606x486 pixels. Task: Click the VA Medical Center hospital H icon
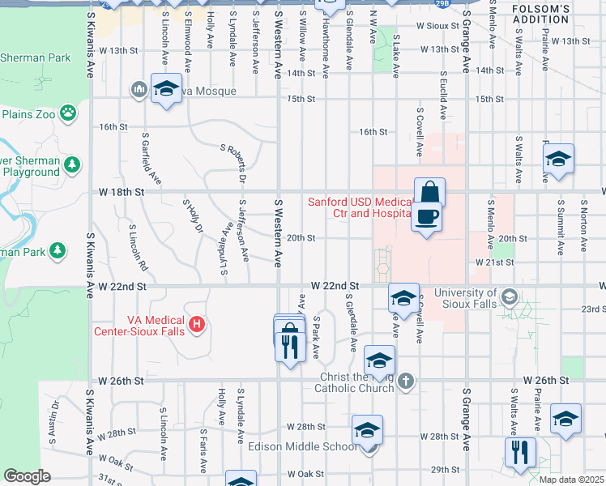[196, 326]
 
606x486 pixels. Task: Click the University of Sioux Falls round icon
[507, 294]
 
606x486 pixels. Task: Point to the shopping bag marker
[429, 193]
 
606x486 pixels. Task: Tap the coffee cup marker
[429, 217]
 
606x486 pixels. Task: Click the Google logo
[27, 476]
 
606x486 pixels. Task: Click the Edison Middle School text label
[302, 447]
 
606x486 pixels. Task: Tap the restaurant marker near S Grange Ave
[519, 452]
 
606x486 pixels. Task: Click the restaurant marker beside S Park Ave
[289, 347]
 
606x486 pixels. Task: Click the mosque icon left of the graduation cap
[139, 88]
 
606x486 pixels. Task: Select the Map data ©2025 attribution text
[572, 480]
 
